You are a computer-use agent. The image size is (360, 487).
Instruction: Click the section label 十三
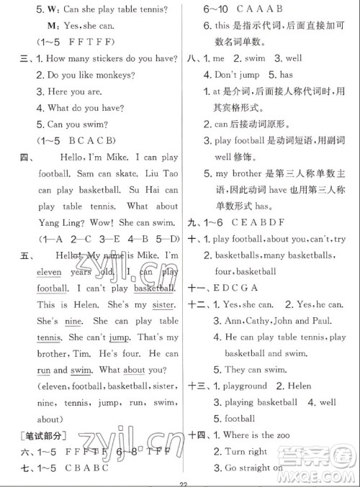tap(194, 386)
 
